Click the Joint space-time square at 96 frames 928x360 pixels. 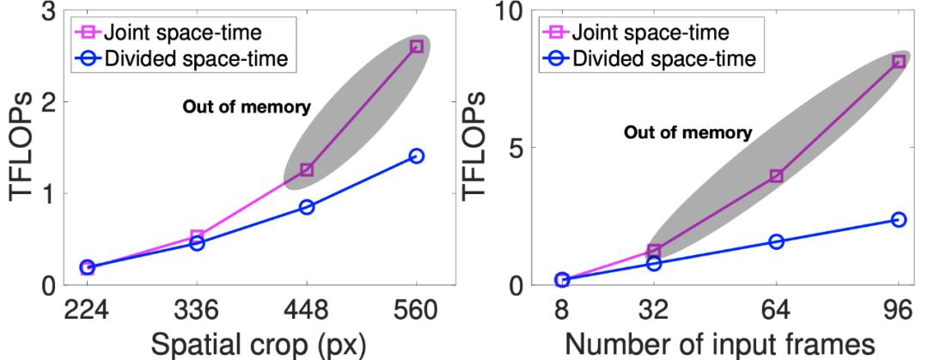[x=899, y=61]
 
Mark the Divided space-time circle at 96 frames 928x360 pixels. [x=899, y=220]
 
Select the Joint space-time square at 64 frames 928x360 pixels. [x=776, y=175]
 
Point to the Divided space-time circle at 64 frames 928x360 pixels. [x=776, y=242]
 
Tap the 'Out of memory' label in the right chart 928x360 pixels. [x=687, y=133]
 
